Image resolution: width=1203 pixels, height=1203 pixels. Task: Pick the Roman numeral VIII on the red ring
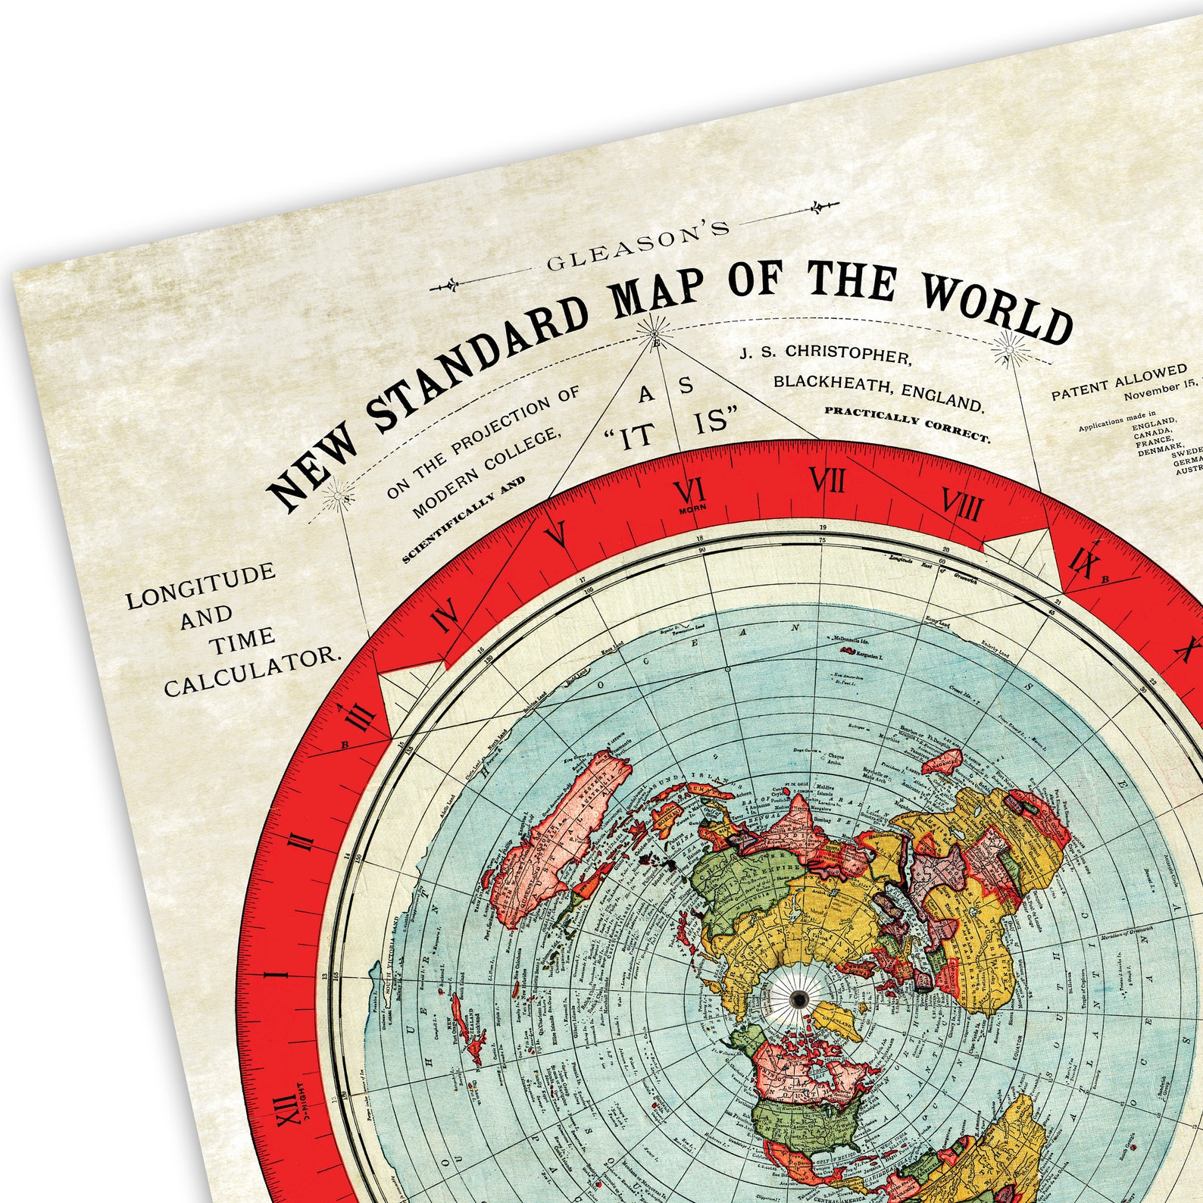(x=961, y=503)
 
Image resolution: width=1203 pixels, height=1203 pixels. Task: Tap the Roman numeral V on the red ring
(x=557, y=534)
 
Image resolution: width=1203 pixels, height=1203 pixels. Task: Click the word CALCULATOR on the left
(x=250, y=671)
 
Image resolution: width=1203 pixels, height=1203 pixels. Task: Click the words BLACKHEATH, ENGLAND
(x=878, y=392)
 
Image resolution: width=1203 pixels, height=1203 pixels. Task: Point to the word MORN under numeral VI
(x=691, y=510)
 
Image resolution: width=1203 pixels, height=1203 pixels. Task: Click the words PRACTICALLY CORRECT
(x=906, y=424)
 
